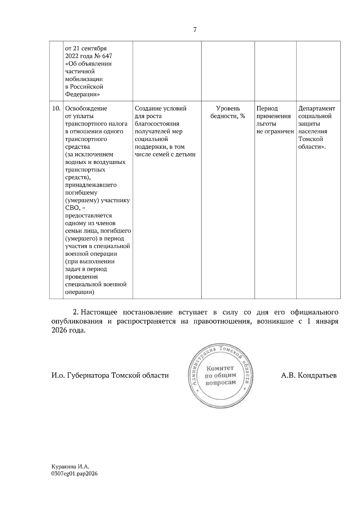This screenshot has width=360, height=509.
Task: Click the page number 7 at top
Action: click(x=195, y=29)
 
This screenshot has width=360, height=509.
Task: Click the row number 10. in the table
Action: click(x=56, y=109)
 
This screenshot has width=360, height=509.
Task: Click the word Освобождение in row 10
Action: click(x=86, y=109)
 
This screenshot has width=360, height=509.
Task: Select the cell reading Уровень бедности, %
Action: click(x=228, y=112)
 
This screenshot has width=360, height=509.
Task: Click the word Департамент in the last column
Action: click(x=317, y=109)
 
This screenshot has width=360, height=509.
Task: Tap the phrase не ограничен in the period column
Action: click(x=275, y=132)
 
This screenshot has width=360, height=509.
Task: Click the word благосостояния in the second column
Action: click(x=157, y=124)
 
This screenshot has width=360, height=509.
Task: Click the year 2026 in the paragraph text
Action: click(x=59, y=330)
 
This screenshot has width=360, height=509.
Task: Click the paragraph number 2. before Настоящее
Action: click(x=76, y=312)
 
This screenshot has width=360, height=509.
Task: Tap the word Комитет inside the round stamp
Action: click(x=220, y=368)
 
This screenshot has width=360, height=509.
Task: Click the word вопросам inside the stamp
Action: click(x=220, y=383)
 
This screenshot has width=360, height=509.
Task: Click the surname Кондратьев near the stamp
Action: click(x=317, y=376)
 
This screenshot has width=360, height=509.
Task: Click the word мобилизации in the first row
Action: click(x=84, y=79)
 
